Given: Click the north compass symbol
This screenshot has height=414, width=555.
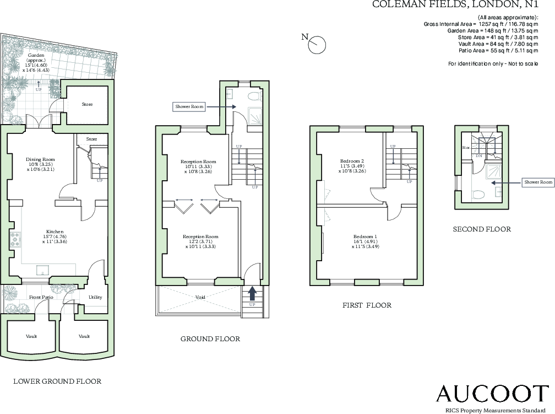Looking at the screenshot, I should click(317, 45).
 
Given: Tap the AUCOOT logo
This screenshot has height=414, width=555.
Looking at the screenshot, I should click(492, 394).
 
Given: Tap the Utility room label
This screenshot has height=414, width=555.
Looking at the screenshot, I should click(95, 297).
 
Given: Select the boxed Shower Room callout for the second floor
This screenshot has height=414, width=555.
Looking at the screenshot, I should click(538, 182).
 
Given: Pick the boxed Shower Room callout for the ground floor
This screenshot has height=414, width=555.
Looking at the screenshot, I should click(189, 106).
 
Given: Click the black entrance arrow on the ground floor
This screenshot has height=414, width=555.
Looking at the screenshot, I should click(252, 292).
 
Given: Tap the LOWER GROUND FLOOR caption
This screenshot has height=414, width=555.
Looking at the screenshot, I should click(57, 381).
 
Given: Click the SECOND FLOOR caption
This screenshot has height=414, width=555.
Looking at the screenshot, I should click(481, 229).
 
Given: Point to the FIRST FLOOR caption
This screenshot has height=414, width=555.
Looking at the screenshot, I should click(366, 305).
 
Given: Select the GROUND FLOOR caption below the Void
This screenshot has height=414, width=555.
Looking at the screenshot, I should click(210, 338).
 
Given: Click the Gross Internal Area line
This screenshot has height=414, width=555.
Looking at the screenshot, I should click(481, 24).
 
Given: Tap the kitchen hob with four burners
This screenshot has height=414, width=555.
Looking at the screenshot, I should click(15, 239).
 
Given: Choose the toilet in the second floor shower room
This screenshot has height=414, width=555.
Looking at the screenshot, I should click(478, 195).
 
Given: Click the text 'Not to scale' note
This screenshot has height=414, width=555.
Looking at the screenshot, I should click(520, 64).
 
